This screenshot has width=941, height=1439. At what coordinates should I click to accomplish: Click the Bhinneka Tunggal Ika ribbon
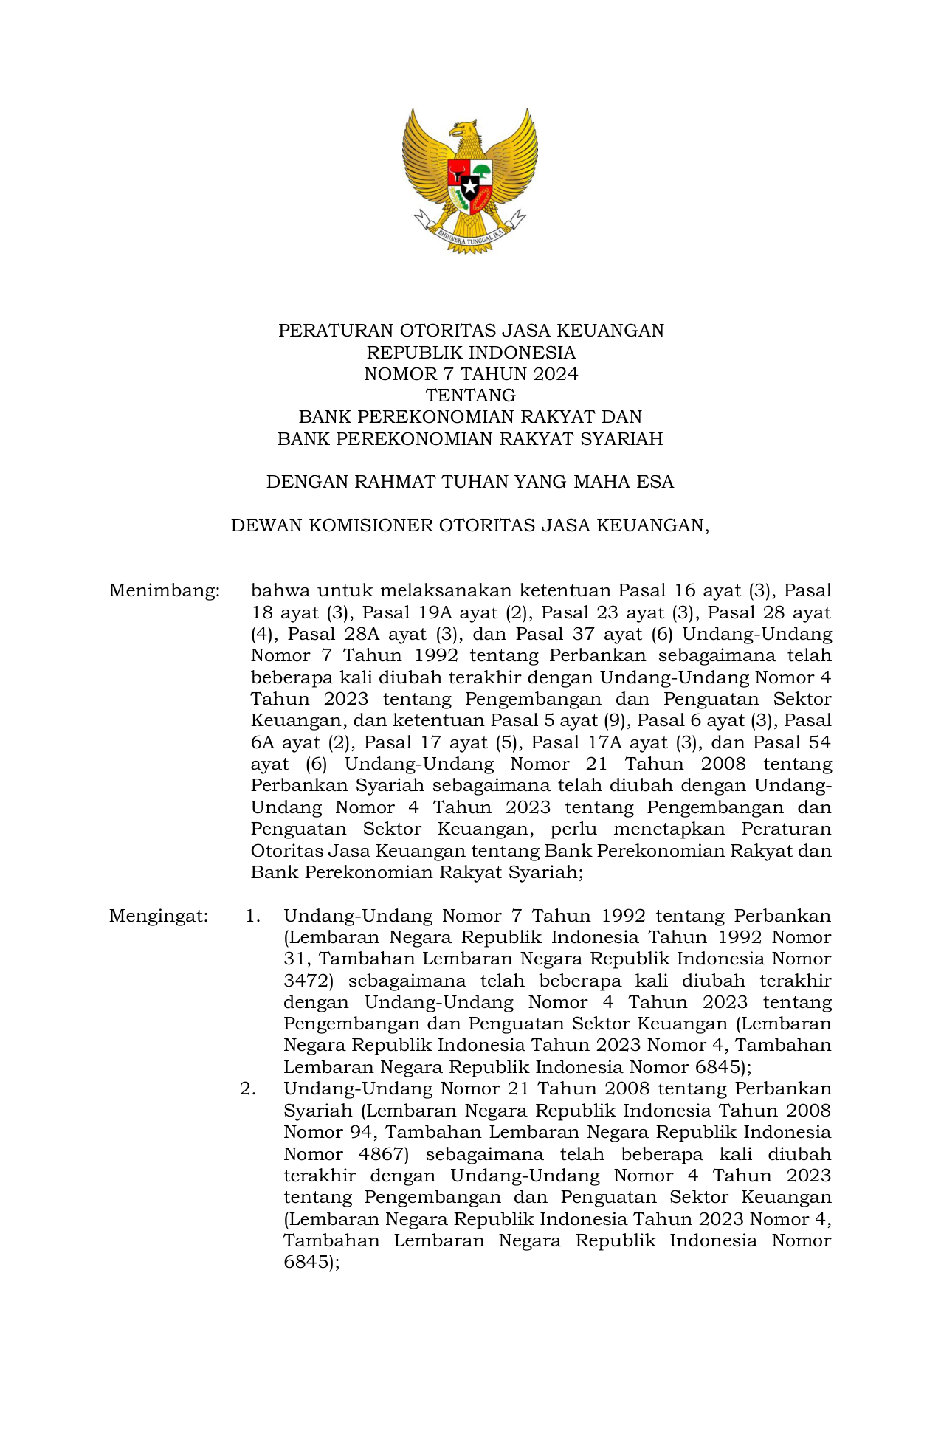(470, 235)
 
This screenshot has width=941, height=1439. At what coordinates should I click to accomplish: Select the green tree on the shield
(481, 171)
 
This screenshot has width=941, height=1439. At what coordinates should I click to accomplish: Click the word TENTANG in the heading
(470, 396)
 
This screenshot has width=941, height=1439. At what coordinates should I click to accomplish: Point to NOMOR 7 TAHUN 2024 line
(470, 374)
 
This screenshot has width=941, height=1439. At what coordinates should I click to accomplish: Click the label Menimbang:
(164, 591)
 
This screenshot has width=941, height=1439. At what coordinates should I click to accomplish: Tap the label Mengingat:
(159, 917)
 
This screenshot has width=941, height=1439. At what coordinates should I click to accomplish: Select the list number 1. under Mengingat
(253, 917)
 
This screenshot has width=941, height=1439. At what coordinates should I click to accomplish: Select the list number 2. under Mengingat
(248, 1089)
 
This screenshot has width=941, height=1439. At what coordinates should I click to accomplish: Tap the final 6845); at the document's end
(311, 1263)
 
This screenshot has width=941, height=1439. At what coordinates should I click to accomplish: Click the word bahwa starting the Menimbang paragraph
(280, 591)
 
